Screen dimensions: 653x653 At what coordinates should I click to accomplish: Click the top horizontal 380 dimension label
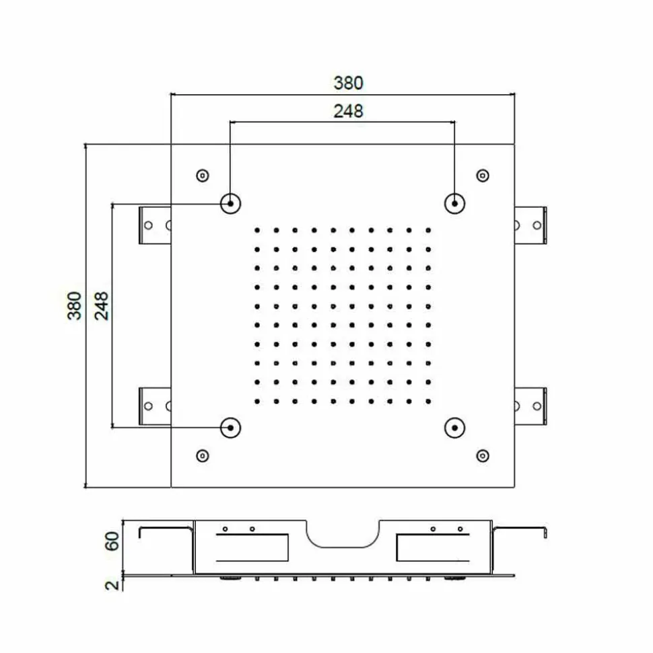(348, 83)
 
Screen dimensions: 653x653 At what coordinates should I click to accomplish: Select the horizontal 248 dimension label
(348, 111)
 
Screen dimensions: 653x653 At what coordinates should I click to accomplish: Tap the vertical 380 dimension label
(74, 306)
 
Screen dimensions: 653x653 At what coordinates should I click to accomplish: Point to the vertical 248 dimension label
(102, 306)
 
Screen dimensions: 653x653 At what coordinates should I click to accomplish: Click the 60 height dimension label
(112, 541)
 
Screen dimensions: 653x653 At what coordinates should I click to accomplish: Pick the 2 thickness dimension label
(112, 585)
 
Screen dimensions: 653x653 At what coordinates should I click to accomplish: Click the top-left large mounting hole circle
(231, 204)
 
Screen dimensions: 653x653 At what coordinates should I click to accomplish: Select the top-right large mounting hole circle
(454, 204)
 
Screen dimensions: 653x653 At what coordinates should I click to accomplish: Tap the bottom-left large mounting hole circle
(231, 428)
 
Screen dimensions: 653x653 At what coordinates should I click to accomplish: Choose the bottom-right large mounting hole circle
(454, 428)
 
